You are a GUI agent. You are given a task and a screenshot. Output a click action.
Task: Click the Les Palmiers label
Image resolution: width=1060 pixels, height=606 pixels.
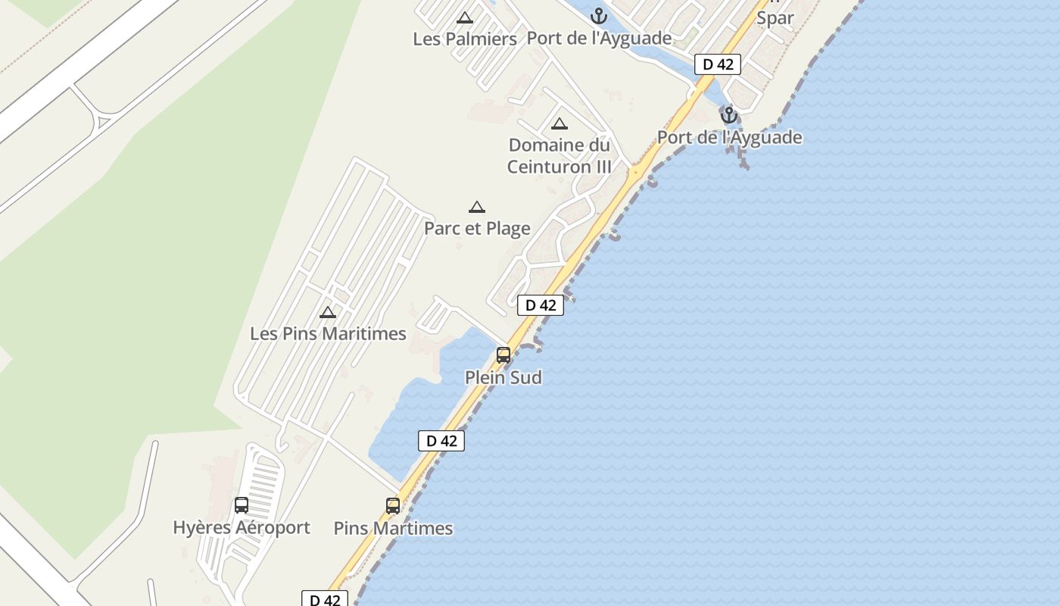pyautogui.click(x=464, y=39)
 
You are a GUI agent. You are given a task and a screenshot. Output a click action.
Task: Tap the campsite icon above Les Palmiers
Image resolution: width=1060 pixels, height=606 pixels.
pyautogui.click(x=465, y=17)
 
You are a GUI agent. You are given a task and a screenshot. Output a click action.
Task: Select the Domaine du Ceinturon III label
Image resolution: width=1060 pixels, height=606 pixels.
pyautogui.click(x=559, y=155)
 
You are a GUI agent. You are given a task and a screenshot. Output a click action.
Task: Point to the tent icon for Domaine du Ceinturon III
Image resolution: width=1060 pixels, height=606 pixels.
pyautogui.click(x=560, y=124)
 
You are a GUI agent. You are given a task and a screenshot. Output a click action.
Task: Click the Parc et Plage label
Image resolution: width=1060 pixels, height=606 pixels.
pyautogui.click(x=477, y=228)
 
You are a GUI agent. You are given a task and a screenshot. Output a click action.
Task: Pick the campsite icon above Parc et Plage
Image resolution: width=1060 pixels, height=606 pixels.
pyautogui.click(x=476, y=207)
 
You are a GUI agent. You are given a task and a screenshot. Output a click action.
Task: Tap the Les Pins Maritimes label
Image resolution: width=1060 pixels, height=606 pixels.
pyautogui.click(x=328, y=333)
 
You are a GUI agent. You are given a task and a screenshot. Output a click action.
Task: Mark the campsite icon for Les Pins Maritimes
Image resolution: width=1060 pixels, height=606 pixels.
pyautogui.click(x=328, y=312)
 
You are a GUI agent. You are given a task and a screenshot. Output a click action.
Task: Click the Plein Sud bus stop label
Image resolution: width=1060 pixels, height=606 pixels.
pyautogui.click(x=503, y=377)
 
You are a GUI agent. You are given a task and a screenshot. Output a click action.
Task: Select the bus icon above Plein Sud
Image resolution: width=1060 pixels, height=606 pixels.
pyautogui.click(x=503, y=355)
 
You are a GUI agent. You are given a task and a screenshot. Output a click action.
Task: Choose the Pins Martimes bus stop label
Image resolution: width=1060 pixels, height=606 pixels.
pyautogui.click(x=393, y=528)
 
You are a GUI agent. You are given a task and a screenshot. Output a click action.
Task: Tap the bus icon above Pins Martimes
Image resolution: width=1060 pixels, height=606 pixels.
pyautogui.click(x=393, y=506)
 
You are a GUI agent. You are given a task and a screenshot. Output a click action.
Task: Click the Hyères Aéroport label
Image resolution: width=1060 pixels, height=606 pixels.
pyautogui.click(x=242, y=527)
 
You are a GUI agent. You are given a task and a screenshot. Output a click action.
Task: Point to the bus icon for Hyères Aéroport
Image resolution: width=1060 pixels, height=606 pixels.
pyautogui.click(x=242, y=505)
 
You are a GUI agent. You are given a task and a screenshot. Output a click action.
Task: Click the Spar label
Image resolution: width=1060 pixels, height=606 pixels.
pyautogui.click(x=775, y=18)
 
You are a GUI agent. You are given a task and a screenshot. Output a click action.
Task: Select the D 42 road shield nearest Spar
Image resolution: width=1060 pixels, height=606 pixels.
pyautogui.click(x=718, y=64)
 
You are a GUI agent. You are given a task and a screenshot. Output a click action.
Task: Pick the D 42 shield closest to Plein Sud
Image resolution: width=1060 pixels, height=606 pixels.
pyautogui.click(x=541, y=305)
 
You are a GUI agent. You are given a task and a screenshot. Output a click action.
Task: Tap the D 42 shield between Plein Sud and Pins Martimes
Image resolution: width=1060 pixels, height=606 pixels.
pyautogui.click(x=441, y=441)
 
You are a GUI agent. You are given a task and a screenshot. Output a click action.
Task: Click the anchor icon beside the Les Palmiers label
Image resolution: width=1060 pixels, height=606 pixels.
pyautogui.click(x=599, y=16)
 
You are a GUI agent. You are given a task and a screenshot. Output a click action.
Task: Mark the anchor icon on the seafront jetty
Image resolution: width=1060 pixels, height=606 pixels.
pyautogui.click(x=728, y=115)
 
